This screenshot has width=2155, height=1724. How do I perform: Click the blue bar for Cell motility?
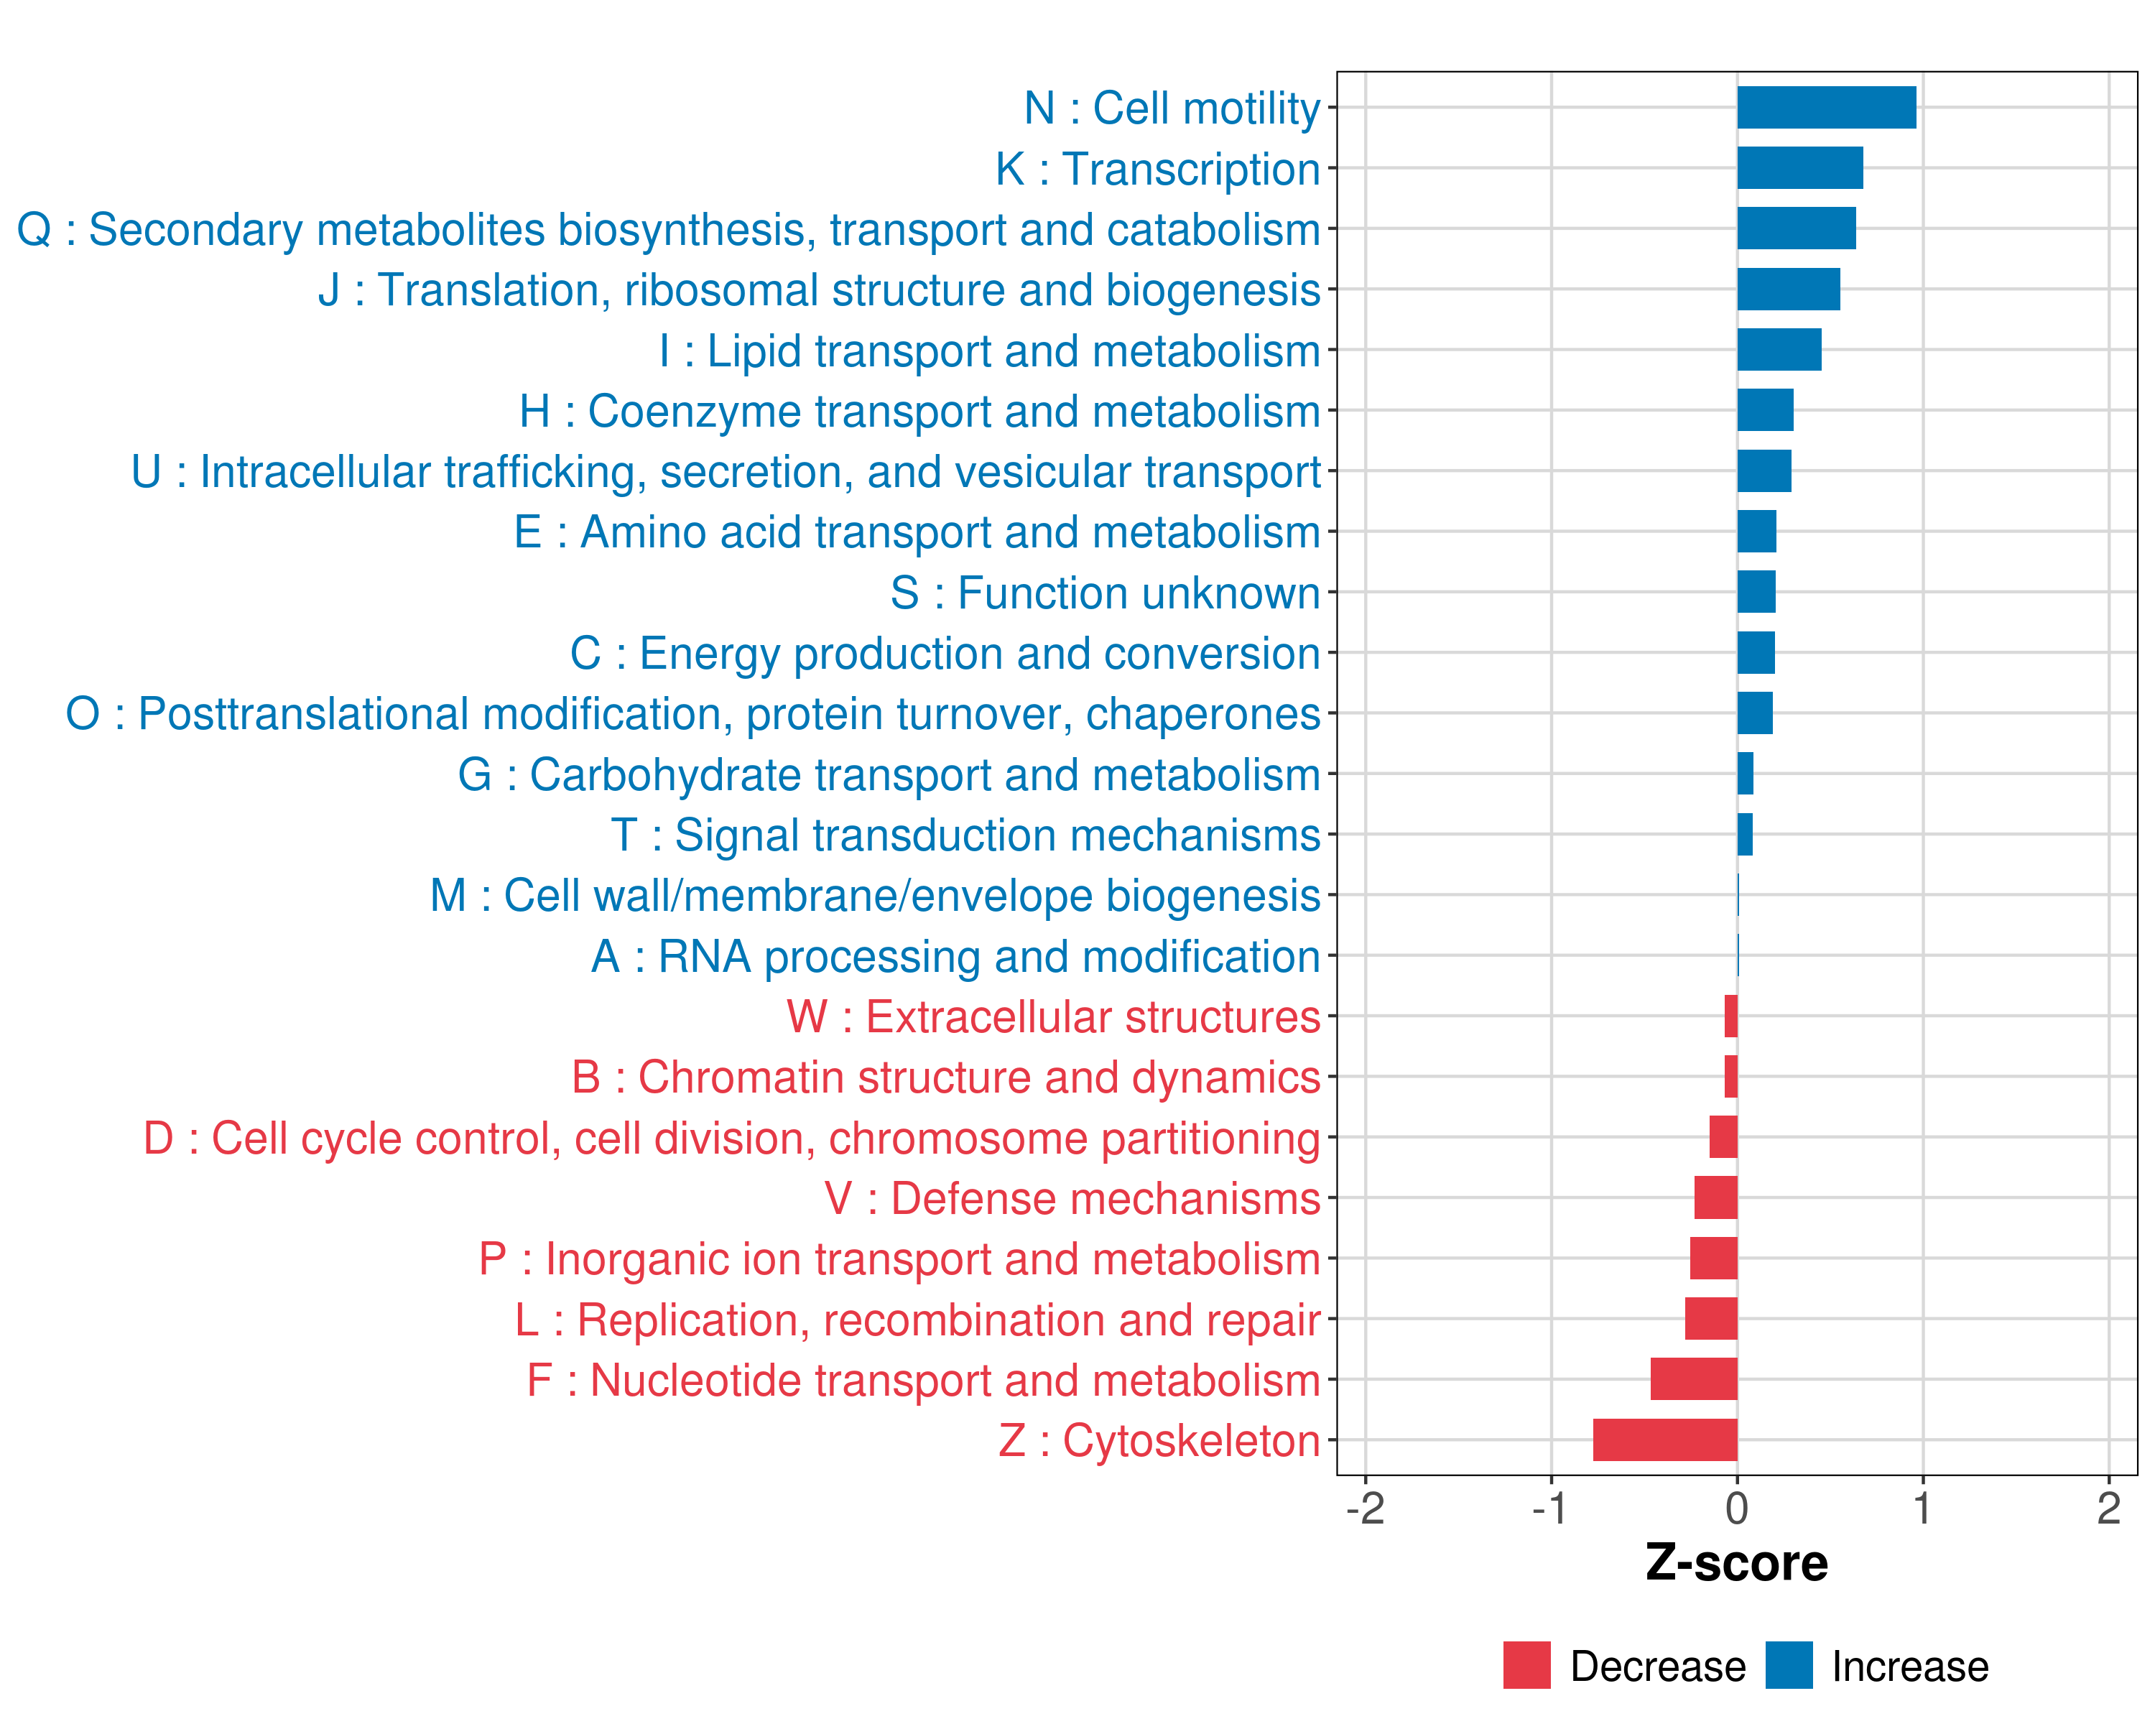point(1826,108)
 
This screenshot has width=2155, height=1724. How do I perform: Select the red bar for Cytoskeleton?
point(1664,1440)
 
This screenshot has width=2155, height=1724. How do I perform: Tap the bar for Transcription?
point(1799,168)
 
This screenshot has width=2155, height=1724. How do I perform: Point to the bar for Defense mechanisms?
point(1715,1197)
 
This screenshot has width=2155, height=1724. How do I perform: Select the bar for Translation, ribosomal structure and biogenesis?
point(1788,289)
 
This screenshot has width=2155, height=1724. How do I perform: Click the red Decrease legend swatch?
point(1526,1665)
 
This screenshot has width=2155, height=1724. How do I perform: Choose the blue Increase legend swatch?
point(1788,1665)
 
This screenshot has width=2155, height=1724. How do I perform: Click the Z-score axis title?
point(1736,1563)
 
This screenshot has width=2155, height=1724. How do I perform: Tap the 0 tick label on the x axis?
point(1737,1508)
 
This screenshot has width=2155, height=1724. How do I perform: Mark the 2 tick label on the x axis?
point(2108,1508)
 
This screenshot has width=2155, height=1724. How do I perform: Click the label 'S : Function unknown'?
point(1106,593)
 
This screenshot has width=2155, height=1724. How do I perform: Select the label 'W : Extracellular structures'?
point(1054,1016)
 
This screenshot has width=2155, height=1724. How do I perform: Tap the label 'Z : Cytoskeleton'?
point(1159,1441)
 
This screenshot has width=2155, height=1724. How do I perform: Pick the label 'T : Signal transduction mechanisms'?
point(965,835)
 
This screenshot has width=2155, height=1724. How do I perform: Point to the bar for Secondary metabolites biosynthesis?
point(1796,229)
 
